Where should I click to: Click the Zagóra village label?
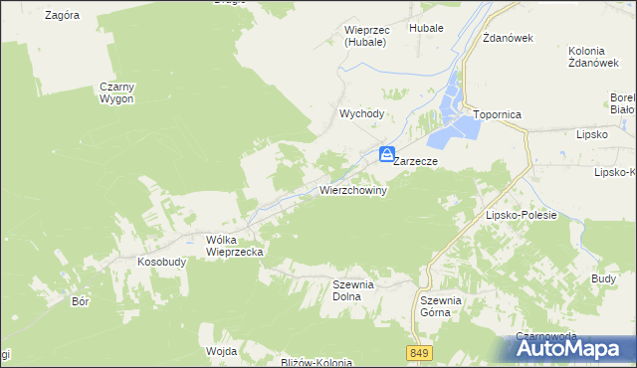click(63, 16)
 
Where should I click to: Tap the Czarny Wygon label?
click(116, 92)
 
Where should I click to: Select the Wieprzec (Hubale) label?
click(367, 35)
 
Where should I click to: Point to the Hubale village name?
click(426, 29)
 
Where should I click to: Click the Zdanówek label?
click(509, 38)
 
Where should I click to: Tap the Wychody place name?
click(361, 113)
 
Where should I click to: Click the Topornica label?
click(498, 114)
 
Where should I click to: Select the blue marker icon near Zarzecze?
click(385, 154)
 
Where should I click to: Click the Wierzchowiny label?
click(352, 189)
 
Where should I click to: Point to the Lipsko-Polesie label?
click(520, 214)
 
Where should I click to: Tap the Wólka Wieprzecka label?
click(234, 246)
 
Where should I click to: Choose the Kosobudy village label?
click(156, 262)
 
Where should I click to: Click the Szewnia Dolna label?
click(352, 289)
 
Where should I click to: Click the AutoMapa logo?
click(574, 348)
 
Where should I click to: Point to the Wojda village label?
click(221, 351)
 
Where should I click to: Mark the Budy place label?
click(603, 279)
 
